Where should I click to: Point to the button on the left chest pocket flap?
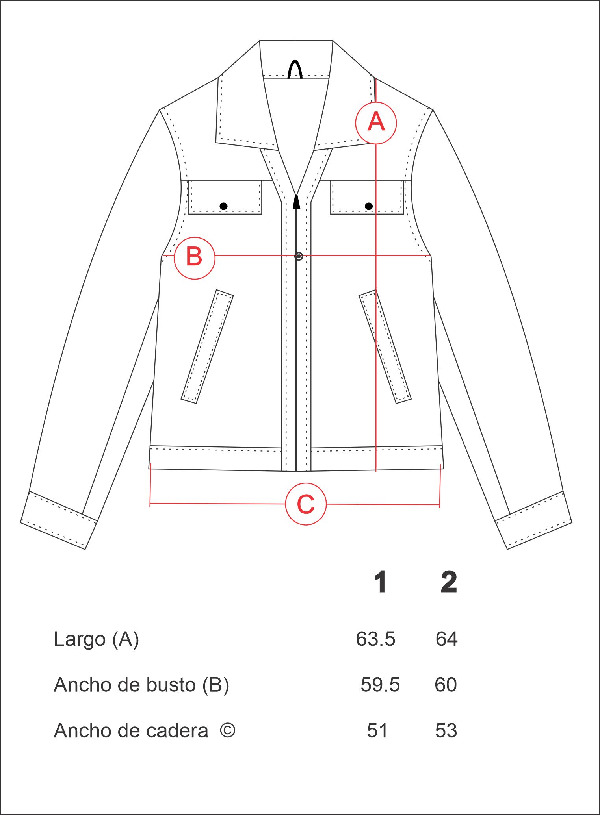[x=223, y=206]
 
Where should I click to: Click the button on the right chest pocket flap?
[x=369, y=206]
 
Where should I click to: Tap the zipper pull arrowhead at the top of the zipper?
[x=296, y=201]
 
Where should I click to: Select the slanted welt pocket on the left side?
[x=207, y=346]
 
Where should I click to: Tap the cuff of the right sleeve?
[x=533, y=520]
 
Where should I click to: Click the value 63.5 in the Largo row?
[x=375, y=639]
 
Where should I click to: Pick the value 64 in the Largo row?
[x=446, y=639]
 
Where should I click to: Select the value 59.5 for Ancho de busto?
[x=380, y=685]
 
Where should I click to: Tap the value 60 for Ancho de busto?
[x=446, y=685]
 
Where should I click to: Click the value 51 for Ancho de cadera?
[x=377, y=731]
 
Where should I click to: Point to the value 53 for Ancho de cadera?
[x=446, y=731]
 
